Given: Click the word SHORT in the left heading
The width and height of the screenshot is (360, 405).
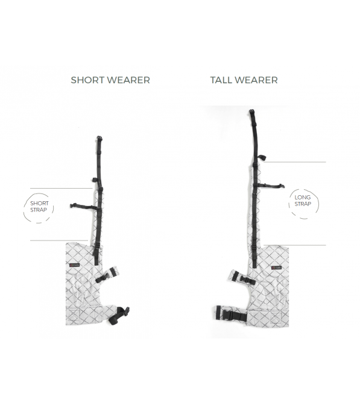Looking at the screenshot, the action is click(x=87, y=80).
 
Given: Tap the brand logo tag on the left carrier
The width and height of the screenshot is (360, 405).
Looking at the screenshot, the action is click(x=74, y=265).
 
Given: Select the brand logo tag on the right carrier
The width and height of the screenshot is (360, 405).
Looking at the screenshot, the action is click(x=277, y=268).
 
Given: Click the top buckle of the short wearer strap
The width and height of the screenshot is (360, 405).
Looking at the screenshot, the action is click(x=99, y=139).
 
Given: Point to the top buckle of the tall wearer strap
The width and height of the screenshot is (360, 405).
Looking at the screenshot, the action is click(x=252, y=112).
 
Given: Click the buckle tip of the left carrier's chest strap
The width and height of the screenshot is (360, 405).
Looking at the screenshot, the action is click(x=72, y=206).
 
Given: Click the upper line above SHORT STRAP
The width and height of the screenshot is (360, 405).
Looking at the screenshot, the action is click(x=62, y=189).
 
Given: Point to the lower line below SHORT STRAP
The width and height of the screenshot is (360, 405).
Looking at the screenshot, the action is click(x=59, y=240).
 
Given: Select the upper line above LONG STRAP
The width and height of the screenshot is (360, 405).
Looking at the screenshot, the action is click(x=295, y=162).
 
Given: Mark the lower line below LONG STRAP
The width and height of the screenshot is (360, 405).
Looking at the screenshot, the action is click(x=295, y=245).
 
